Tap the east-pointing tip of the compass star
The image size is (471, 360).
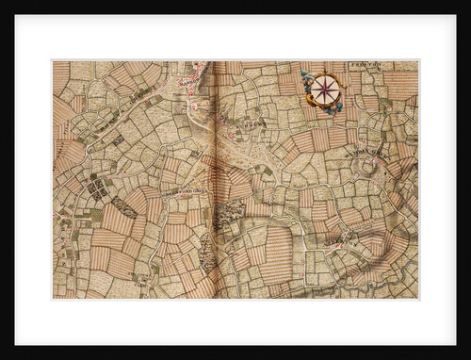tap(342, 90)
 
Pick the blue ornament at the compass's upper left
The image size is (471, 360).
tap(307, 75)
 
